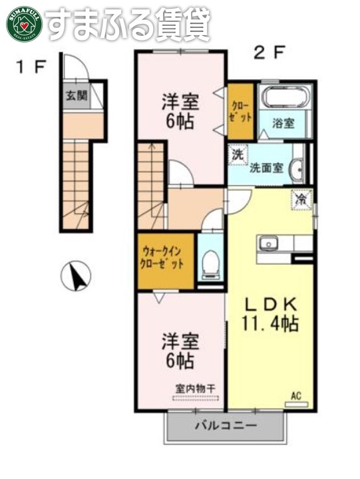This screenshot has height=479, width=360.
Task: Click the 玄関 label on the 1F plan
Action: [75, 95]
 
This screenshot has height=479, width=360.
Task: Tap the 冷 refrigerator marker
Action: [301, 198]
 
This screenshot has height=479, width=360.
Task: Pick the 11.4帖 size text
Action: [269, 324]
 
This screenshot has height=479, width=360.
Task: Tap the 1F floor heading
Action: [31, 66]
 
